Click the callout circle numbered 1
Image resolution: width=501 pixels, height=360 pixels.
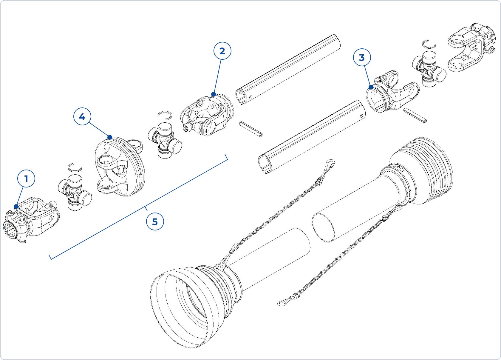point(26,179)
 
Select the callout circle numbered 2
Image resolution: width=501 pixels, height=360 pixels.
point(222,51)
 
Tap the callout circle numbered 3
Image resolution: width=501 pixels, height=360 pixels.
point(362,58)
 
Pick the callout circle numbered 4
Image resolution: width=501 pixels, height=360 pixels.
point(82,117)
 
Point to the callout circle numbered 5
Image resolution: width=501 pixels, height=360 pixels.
point(155,222)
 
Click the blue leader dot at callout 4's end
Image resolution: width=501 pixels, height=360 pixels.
point(110,137)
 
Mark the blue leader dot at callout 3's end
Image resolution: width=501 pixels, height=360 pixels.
point(371,87)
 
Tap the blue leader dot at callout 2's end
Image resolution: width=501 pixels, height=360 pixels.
point(214,94)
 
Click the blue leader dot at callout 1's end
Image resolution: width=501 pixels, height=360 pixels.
point(16,206)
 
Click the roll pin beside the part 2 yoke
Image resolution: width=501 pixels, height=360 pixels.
point(251,129)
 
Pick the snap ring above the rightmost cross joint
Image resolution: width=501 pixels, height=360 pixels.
point(430,44)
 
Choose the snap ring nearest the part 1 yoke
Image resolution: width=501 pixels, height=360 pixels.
point(75,167)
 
